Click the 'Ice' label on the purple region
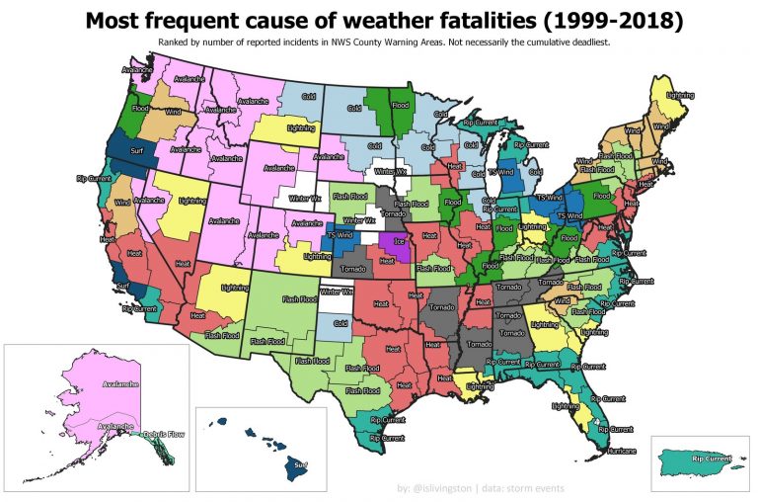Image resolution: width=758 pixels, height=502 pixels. coord(399,240)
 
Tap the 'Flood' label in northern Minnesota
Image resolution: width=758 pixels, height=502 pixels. coord(401,104)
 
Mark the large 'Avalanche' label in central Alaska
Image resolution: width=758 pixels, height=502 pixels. coord(112,382)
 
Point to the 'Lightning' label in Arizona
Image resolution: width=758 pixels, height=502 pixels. coord(234,287)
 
